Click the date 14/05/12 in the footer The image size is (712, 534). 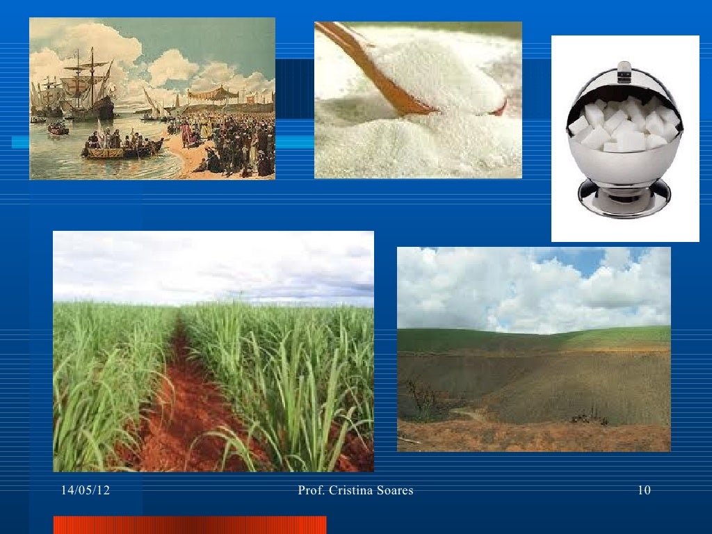pos(86,490)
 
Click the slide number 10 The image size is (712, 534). pos(645,490)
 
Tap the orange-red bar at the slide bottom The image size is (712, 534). pos(190,525)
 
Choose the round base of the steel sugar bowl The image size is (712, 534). pos(624,197)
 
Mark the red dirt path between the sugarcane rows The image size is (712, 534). pos(191,400)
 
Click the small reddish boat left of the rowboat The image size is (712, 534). pos(58,130)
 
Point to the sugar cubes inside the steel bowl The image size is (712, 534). pos(624,122)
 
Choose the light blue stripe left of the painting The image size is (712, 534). pos(20,142)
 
